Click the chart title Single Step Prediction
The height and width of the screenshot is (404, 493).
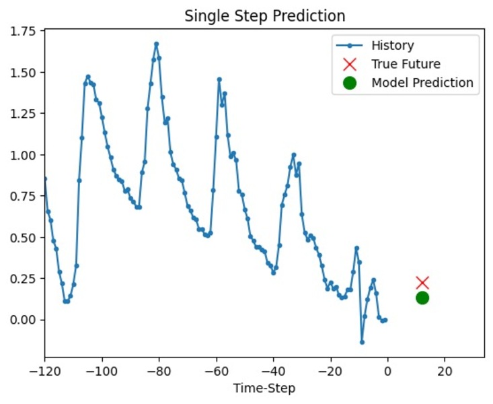[x=265, y=15]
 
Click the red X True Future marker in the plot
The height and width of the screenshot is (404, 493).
[x=422, y=283]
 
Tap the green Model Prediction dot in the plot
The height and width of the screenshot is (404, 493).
[x=422, y=298]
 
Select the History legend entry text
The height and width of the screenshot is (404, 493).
[x=393, y=46]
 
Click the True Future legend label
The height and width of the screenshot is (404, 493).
[x=406, y=65]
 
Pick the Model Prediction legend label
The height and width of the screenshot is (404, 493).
[x=422, y=83]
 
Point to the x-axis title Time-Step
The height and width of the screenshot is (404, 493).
[x=264, y=388]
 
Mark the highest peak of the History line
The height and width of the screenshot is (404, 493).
[x=156, y=44]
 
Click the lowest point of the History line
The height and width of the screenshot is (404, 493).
[x=362, y=342]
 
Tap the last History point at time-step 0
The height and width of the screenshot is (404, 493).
[x=385, y=320]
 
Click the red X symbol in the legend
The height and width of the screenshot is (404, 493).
[x=349, y=65]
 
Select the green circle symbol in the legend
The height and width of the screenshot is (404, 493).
[x=349, y=83]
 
